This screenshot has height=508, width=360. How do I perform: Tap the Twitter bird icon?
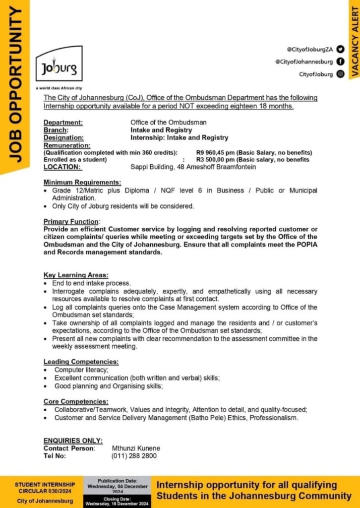pos(340,49)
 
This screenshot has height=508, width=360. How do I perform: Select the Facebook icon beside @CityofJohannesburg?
pos(340,62)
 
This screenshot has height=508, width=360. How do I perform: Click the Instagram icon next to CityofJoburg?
pos(340,74)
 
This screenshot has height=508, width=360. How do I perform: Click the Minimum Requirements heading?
pos(82,183)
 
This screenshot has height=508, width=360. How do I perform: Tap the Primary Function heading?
pos(71,221)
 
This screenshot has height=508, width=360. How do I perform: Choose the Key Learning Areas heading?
pos(75,275)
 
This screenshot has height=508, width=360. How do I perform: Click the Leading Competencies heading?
pos(81,362)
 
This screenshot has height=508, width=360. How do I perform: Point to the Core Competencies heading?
pos(75,401)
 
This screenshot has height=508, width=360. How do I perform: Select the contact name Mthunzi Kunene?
pos(136,448)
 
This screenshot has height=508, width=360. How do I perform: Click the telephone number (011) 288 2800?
pos(134,455)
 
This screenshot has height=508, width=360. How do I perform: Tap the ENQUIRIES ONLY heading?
pos(73,441)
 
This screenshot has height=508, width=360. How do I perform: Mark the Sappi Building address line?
pos(193,167)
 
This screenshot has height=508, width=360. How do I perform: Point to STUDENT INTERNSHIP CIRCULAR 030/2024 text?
pos(45,487)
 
